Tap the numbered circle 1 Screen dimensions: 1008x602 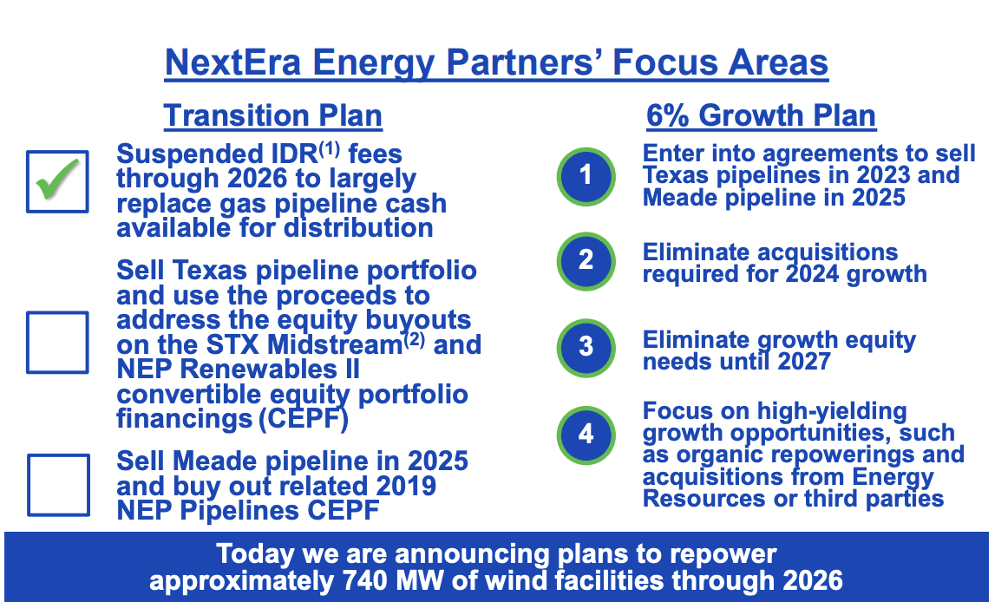[586, 177]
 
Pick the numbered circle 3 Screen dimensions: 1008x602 [586, 348]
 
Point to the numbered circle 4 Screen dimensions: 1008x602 [586, 435]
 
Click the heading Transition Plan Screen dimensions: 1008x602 [272, 116]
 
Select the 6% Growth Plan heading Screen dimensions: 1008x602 [761, 116]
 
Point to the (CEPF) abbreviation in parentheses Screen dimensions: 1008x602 [304, 419]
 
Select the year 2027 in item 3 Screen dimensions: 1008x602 [803, 362]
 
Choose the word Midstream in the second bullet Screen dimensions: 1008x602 [334, 345]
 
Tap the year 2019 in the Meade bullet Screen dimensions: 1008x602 [406, 487]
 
